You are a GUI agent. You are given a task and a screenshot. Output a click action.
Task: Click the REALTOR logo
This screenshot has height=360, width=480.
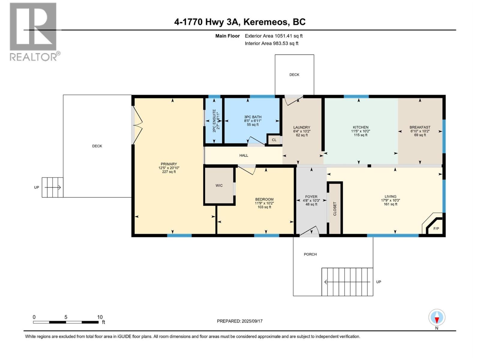[33, 31]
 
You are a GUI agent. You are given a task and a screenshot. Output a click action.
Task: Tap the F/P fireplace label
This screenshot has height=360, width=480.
[436, 229]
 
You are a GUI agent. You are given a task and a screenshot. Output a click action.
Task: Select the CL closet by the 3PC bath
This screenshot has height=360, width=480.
[274, 140]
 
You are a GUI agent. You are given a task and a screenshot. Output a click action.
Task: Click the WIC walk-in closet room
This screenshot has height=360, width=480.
[219, 186]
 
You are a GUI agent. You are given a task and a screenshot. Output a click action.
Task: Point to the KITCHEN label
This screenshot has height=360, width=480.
[360, 127]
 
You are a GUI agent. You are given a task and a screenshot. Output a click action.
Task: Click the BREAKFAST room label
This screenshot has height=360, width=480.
[420, 127]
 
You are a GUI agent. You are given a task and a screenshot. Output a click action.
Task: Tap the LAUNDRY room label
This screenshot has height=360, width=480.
[301, 127]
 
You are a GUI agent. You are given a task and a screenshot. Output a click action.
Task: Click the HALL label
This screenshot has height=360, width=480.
[244, 155]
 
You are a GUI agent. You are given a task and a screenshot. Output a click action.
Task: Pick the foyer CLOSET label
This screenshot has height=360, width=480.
[335, 208]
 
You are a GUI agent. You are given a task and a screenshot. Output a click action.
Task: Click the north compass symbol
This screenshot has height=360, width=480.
[437, 318]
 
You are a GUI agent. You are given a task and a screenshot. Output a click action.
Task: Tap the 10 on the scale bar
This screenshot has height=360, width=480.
[100, 317]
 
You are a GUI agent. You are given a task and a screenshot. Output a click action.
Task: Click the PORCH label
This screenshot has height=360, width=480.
[310, 254]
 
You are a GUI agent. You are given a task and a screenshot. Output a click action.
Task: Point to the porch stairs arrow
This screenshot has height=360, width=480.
[347, 282]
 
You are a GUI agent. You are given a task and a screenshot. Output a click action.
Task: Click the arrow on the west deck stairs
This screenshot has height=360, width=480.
[53, 187]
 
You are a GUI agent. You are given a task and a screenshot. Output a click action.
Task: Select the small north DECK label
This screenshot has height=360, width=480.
[294, 75]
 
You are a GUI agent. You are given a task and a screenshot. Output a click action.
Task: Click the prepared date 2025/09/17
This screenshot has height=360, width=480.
[251, 321]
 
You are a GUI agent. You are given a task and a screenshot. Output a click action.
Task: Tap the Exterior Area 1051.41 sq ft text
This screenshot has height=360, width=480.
[274, 36]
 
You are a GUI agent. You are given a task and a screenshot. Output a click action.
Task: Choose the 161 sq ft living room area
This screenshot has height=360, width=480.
[390, 204]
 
